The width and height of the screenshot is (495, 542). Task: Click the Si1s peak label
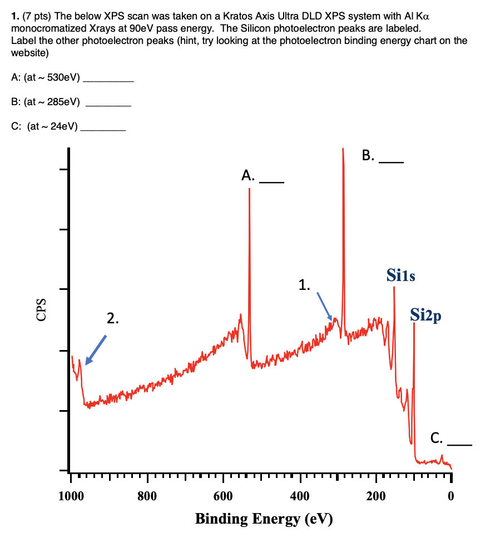pos(400,275)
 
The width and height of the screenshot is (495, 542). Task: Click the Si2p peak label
pos(426,315)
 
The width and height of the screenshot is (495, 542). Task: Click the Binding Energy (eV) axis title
pos(264,519)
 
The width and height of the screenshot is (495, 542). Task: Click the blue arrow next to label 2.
pos(96,349)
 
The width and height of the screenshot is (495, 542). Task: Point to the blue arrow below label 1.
pos(324,306)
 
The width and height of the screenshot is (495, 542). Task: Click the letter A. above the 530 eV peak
pos(248,176)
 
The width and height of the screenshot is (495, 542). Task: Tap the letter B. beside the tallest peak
pos(368,155)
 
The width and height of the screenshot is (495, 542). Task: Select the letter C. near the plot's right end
pos(437,438)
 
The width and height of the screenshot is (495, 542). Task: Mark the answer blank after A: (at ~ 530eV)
pos(108,82)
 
